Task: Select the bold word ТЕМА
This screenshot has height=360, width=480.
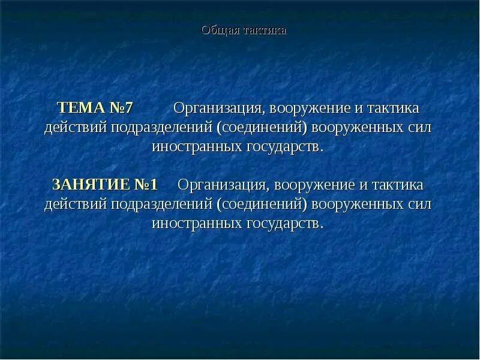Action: tap(79, 109)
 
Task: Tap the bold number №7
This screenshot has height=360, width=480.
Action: tap(121, 109)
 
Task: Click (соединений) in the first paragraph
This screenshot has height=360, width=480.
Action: tap(262, 128)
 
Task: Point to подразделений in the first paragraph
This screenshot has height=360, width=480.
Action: tap(161, 128)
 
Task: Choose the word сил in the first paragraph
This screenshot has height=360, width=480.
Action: tap(419, 128)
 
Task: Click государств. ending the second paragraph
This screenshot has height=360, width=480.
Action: tap(284, 223)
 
